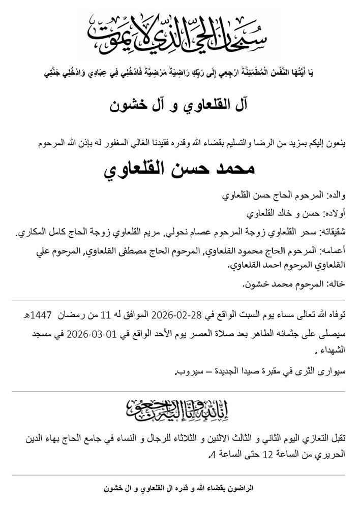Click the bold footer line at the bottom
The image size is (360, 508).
pos(179,488)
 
